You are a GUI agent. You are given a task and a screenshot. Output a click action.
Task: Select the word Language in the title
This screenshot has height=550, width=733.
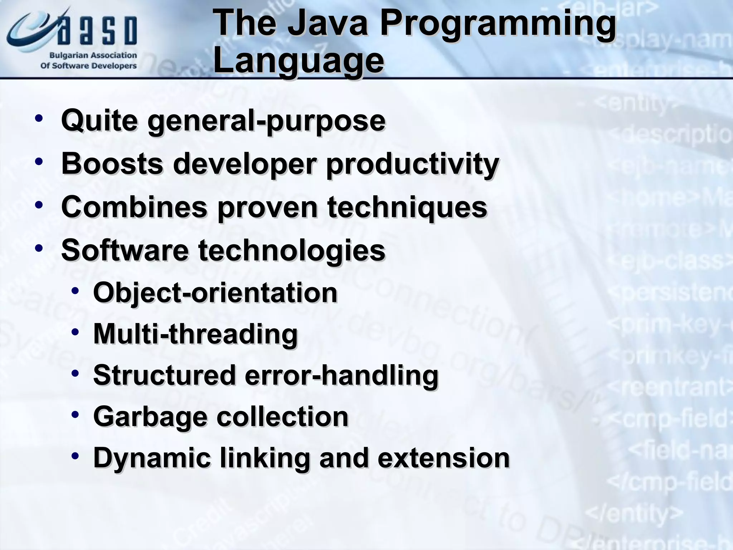298,61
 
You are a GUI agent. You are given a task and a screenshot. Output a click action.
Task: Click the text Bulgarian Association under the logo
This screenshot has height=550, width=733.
93,56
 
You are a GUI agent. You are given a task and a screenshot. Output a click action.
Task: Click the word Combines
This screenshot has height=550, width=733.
134,207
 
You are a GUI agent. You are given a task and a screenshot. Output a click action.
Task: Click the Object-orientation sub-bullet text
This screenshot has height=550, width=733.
215,293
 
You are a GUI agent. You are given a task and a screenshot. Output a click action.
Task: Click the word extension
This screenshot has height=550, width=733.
443,458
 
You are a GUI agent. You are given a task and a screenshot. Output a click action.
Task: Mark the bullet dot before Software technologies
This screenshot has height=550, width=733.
39,247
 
